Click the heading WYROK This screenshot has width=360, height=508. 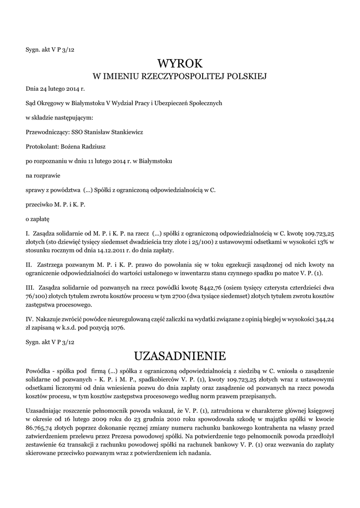(x=180, y=63)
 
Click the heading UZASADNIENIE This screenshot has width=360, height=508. (x=180, y=356)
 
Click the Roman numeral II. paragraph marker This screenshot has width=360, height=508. (x=28, y=266)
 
